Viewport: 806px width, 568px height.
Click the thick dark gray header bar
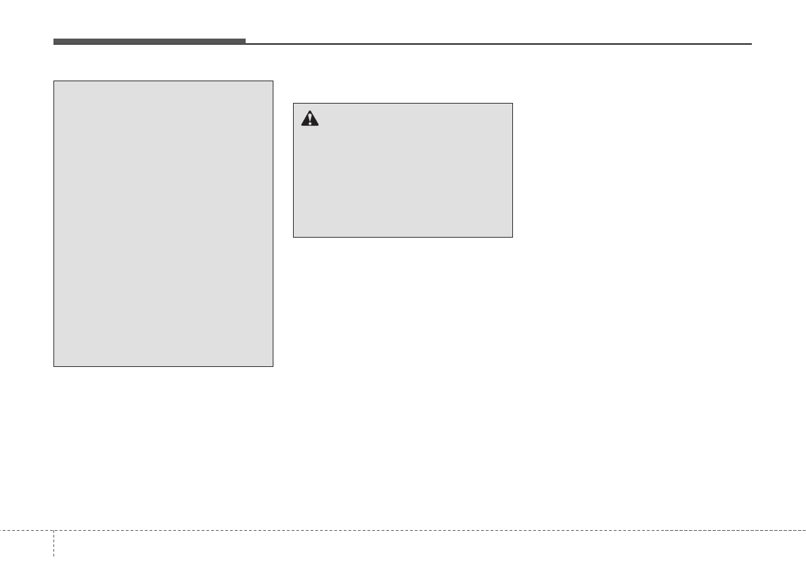149,41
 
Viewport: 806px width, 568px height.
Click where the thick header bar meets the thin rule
246,43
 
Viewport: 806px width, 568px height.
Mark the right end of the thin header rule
751,44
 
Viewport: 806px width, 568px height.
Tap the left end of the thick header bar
54,41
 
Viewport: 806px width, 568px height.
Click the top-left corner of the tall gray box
54,82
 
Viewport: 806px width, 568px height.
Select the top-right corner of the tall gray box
273,82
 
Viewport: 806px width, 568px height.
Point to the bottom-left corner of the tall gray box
54,366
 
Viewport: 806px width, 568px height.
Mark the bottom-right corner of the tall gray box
273,366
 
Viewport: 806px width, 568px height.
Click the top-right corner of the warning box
512,104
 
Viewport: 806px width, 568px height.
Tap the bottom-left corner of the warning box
293,237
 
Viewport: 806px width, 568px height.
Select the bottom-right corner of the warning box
512,237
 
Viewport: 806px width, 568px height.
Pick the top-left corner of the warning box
293,104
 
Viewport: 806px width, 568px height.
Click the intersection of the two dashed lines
53,530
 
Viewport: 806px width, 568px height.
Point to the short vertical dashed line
53,548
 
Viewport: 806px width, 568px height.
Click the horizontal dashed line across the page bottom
406,530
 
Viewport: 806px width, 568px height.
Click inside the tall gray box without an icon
163,223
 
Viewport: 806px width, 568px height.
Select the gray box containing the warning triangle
403,176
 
